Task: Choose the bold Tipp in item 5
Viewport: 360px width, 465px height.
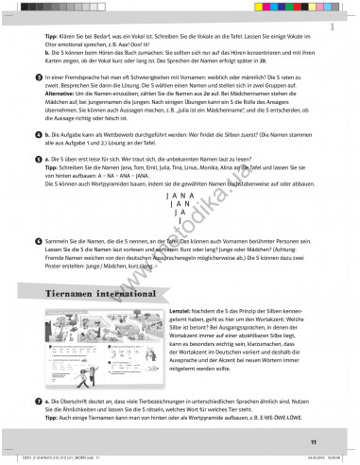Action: [53, 169]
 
